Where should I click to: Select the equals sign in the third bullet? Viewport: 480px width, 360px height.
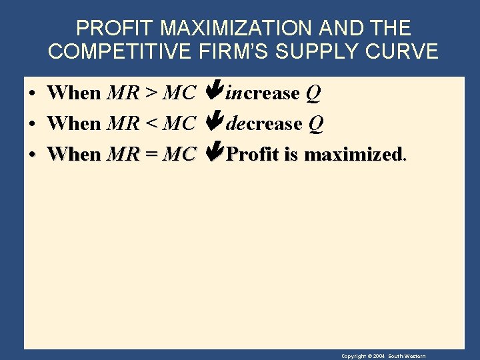pos(151,155)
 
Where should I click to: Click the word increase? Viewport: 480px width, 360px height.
pos(263,93)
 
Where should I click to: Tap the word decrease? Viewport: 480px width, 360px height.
pos(264,124)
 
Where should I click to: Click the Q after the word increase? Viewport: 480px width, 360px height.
pos(313,93)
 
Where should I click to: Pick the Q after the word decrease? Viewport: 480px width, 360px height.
pos(316,124)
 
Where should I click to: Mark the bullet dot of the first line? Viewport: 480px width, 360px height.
pos(32,94)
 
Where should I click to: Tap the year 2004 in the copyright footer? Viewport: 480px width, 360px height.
pos(377,357)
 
